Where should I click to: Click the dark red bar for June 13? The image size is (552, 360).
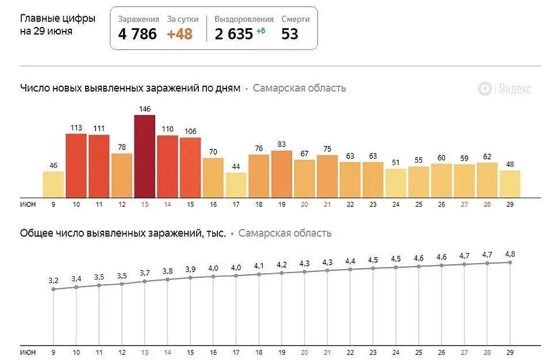(144, 156)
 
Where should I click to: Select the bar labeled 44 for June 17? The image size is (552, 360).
(236, 185)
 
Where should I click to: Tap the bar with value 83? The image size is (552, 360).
(281, 174)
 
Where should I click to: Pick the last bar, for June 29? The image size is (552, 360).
(509, 183)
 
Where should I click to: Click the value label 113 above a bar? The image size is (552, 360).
(76, 128)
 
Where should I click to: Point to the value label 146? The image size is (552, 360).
(144, 109)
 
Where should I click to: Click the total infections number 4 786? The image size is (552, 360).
(137, 34)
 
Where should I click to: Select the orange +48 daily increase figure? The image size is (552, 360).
(179, 34)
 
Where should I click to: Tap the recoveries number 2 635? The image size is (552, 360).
(234, 34)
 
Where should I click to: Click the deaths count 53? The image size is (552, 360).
(290, 34)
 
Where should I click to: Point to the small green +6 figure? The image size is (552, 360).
(260, 31)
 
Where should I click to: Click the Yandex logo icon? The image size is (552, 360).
(485, 89)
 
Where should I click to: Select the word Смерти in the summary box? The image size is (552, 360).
(296, 19)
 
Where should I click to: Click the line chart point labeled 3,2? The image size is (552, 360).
(53, 289)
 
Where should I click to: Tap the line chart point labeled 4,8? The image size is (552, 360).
(509, 262)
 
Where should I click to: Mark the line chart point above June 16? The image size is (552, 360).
(213, 277)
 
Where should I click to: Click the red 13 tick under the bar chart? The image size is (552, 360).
(144, 204)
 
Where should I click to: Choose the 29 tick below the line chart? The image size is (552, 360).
(509, 352)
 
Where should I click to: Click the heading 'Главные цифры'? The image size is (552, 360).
(57, 18)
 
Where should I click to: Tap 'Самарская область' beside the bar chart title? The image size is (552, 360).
(299, 88)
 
